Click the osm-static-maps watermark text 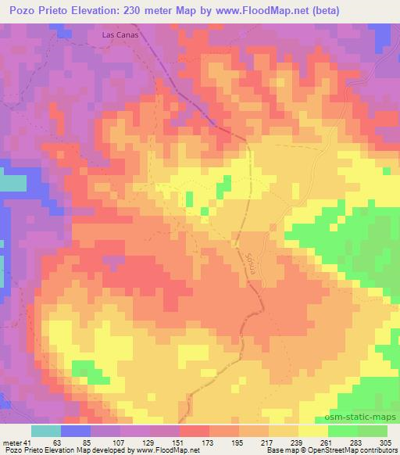click(x=366, y=417)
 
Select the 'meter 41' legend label click(x=13, y=442)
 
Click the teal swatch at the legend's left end click(x=46, y=431)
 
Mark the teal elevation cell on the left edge click(x=11, y=184)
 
